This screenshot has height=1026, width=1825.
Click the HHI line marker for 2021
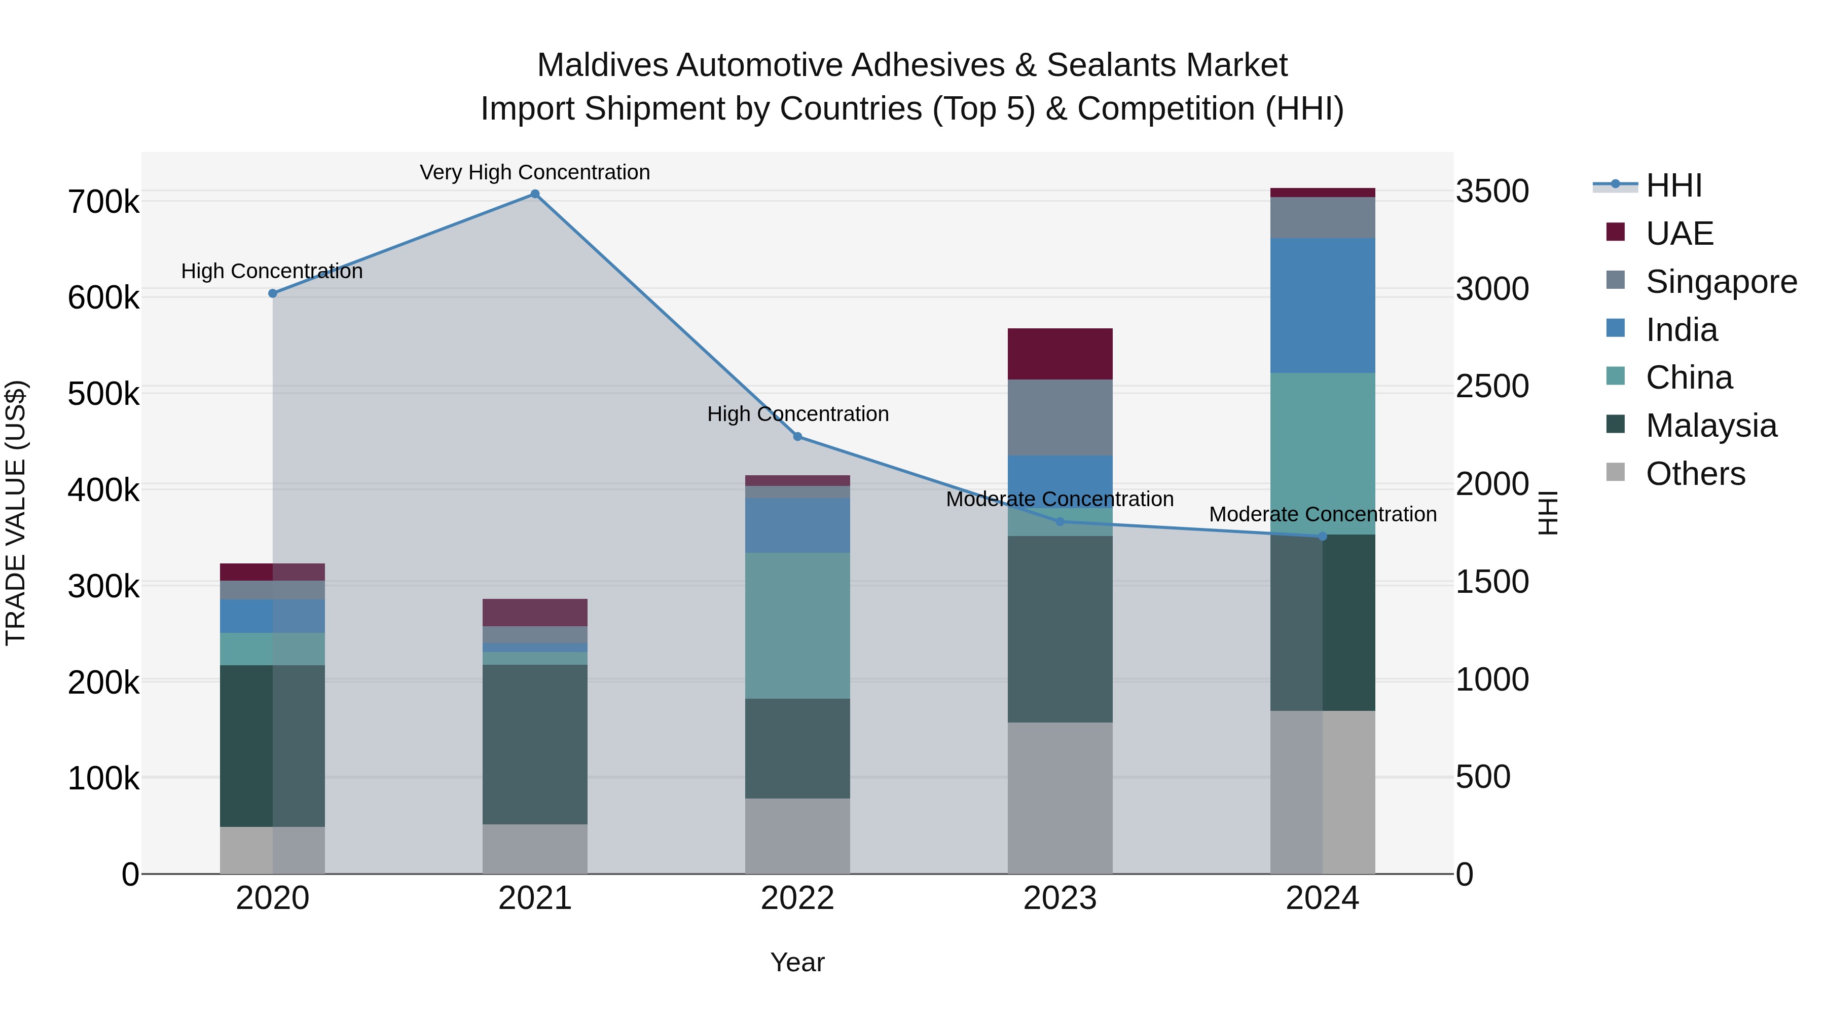535,194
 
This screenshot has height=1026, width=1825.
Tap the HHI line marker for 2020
273,293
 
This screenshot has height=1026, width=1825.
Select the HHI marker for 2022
798,437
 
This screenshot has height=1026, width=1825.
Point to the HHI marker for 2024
1322,537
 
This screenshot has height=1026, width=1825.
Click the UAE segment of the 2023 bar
1060,354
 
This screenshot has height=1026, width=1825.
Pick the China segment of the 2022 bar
798,625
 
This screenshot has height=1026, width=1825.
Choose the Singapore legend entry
1721,282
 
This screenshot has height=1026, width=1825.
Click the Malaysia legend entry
1711,426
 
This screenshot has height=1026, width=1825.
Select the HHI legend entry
1673,185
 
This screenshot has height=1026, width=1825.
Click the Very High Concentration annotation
535,172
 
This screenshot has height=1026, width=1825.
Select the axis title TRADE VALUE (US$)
16,513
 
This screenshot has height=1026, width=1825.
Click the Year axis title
798,962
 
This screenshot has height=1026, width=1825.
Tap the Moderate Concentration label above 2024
1322,514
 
